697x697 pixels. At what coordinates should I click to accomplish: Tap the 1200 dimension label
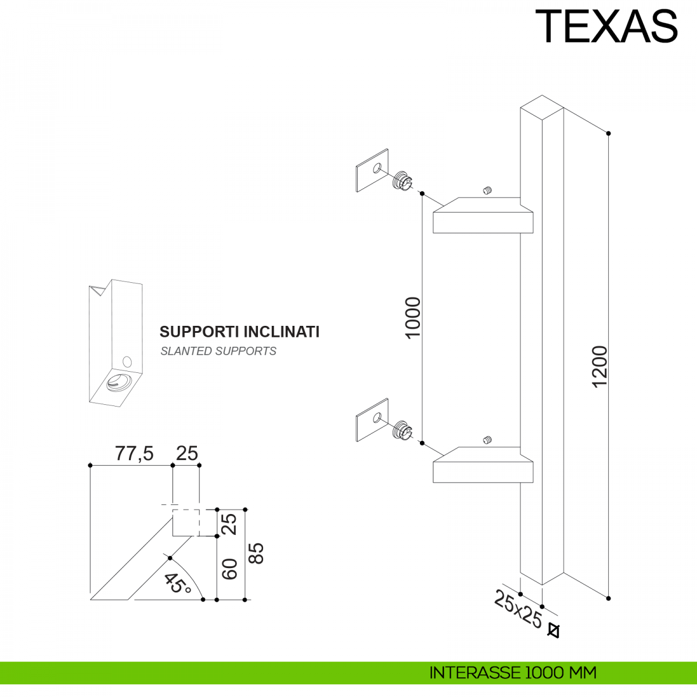[x=600, y=367]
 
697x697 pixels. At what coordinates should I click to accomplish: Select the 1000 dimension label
[x=413, y=318]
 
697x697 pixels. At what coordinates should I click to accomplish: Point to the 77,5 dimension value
[x=134, y=453]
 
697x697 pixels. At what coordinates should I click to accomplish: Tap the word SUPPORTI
[x=199, y=332]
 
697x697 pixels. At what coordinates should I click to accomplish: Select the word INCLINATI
[x=282, y=332]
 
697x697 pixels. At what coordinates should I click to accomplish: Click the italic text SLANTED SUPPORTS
[x=218, y=351]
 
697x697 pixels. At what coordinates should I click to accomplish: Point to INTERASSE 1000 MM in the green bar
[x=513, y=673]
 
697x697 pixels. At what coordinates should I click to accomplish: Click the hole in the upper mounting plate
[x=377, y=168]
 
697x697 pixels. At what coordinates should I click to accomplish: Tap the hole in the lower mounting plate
[x=377, y=418]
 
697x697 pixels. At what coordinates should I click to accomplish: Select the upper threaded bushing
[x=402, y=181]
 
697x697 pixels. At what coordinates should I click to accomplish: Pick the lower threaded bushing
[x=402, y=430]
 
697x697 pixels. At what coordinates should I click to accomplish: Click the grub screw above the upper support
[x=487, y=191]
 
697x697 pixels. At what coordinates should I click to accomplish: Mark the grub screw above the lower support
[x=487, y=440]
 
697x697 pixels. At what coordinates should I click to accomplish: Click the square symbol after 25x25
[x=554, y=631]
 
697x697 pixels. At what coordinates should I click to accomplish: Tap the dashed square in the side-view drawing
[x=186, y=523]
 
